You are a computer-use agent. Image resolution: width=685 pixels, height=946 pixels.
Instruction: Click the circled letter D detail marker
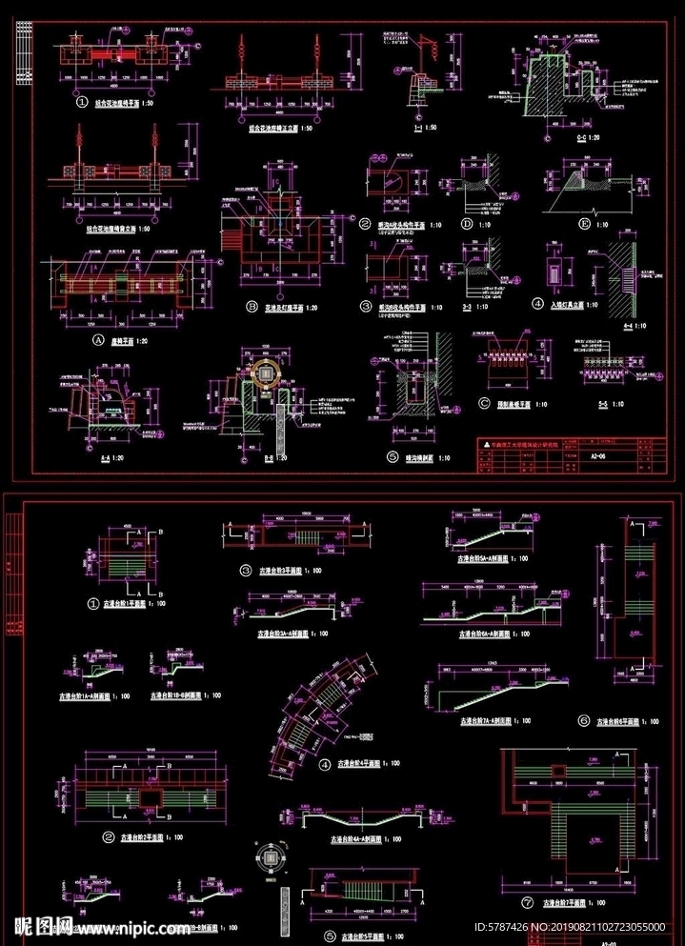pos(467,225)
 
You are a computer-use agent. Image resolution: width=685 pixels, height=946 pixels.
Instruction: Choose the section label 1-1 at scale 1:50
pos(410,127)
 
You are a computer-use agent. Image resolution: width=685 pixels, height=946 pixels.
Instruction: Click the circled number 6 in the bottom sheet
pos(583,721)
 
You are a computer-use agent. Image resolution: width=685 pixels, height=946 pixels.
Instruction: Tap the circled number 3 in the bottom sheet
pos(246,571)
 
